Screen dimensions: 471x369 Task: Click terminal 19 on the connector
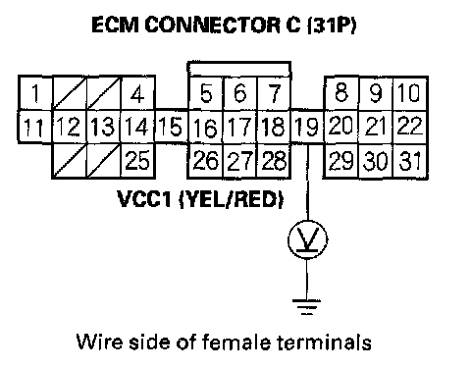click(306, 127)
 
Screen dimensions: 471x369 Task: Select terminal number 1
click(35, 93)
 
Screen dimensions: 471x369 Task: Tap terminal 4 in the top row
click(137, 93)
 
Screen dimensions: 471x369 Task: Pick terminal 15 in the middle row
click(171, 127)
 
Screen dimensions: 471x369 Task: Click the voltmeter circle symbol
click(307, 239)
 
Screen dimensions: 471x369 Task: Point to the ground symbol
click(306, 307)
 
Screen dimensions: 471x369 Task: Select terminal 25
click(137, 161)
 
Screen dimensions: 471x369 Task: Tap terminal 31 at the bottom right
click(410, 161)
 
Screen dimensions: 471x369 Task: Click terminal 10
click(410, 93)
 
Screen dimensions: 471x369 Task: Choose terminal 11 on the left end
click(35, 127)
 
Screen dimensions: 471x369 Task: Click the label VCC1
click(144, 199)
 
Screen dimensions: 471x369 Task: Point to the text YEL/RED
click(232, 199)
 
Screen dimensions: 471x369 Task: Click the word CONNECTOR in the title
click(213, 25)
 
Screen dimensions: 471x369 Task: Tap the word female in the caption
click(236, 342)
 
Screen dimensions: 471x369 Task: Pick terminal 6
click(240, 93)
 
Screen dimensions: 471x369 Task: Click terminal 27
click(240, 161)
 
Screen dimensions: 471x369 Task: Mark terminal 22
click(410, 127)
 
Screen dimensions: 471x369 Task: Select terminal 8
click(341, 93)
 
